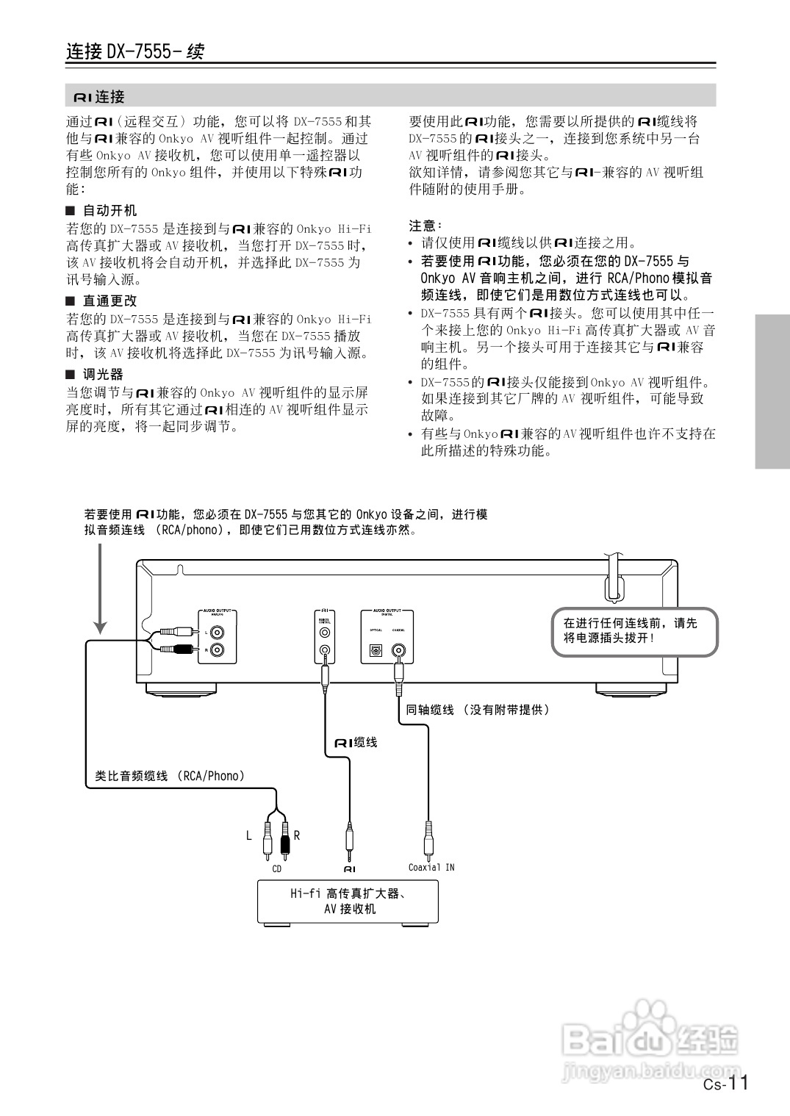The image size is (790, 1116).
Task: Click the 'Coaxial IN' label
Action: pos(431,867)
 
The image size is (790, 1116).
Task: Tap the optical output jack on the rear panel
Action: pos(376,651)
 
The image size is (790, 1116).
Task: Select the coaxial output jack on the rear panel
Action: pos(399,650)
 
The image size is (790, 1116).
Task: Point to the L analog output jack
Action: pos(218,631)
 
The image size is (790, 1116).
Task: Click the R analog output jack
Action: pos(218,649)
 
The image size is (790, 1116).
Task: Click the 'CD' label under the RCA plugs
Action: pos(276,869)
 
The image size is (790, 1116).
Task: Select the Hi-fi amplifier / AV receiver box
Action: pos(348,901)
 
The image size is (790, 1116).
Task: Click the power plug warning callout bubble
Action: pos(634,630)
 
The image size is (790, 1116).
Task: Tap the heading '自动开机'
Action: pos(109,210)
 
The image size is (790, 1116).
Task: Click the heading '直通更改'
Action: pos(109,300)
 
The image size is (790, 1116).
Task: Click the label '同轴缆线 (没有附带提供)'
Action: pos(478,710)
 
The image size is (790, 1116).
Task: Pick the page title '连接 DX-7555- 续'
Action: pos(135,51)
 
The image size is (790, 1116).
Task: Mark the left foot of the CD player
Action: pos(182,689)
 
